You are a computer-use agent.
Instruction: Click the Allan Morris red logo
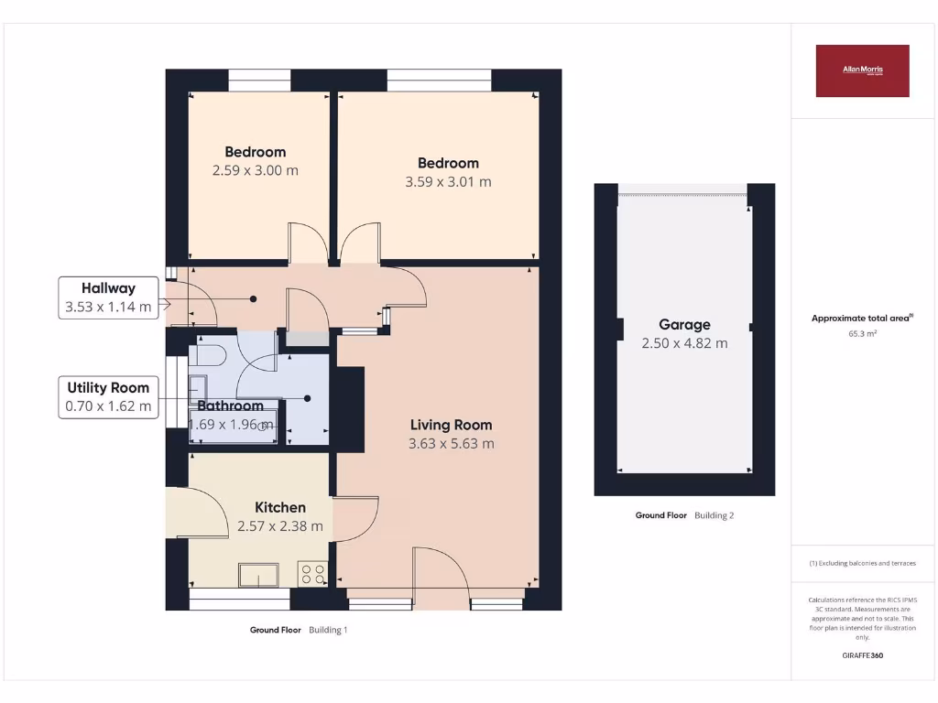coord(862,70)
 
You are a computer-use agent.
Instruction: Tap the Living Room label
coord(451,425)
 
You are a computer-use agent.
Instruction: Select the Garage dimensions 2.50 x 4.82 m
coord(684,343)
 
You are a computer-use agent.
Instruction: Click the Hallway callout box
coord(108,297)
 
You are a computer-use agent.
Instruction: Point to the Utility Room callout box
coord(108,397)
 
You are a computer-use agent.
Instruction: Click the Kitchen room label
coord(279,507)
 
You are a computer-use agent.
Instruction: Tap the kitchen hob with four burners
coord(312,573)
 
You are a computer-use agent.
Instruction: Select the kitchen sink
coord(259,575)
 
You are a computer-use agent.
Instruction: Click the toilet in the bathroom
coord(208,356)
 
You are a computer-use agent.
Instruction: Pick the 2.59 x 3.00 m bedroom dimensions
coord(255,170)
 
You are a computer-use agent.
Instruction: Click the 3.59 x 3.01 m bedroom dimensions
coord(448,181)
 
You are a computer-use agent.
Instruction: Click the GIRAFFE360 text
coord(862,655)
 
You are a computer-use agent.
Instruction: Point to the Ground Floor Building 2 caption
coord(684,515)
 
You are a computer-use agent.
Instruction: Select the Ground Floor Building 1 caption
coord(299,630)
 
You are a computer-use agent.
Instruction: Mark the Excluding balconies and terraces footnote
coord(862,564)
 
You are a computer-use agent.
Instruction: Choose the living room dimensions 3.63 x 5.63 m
coord(451,444)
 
